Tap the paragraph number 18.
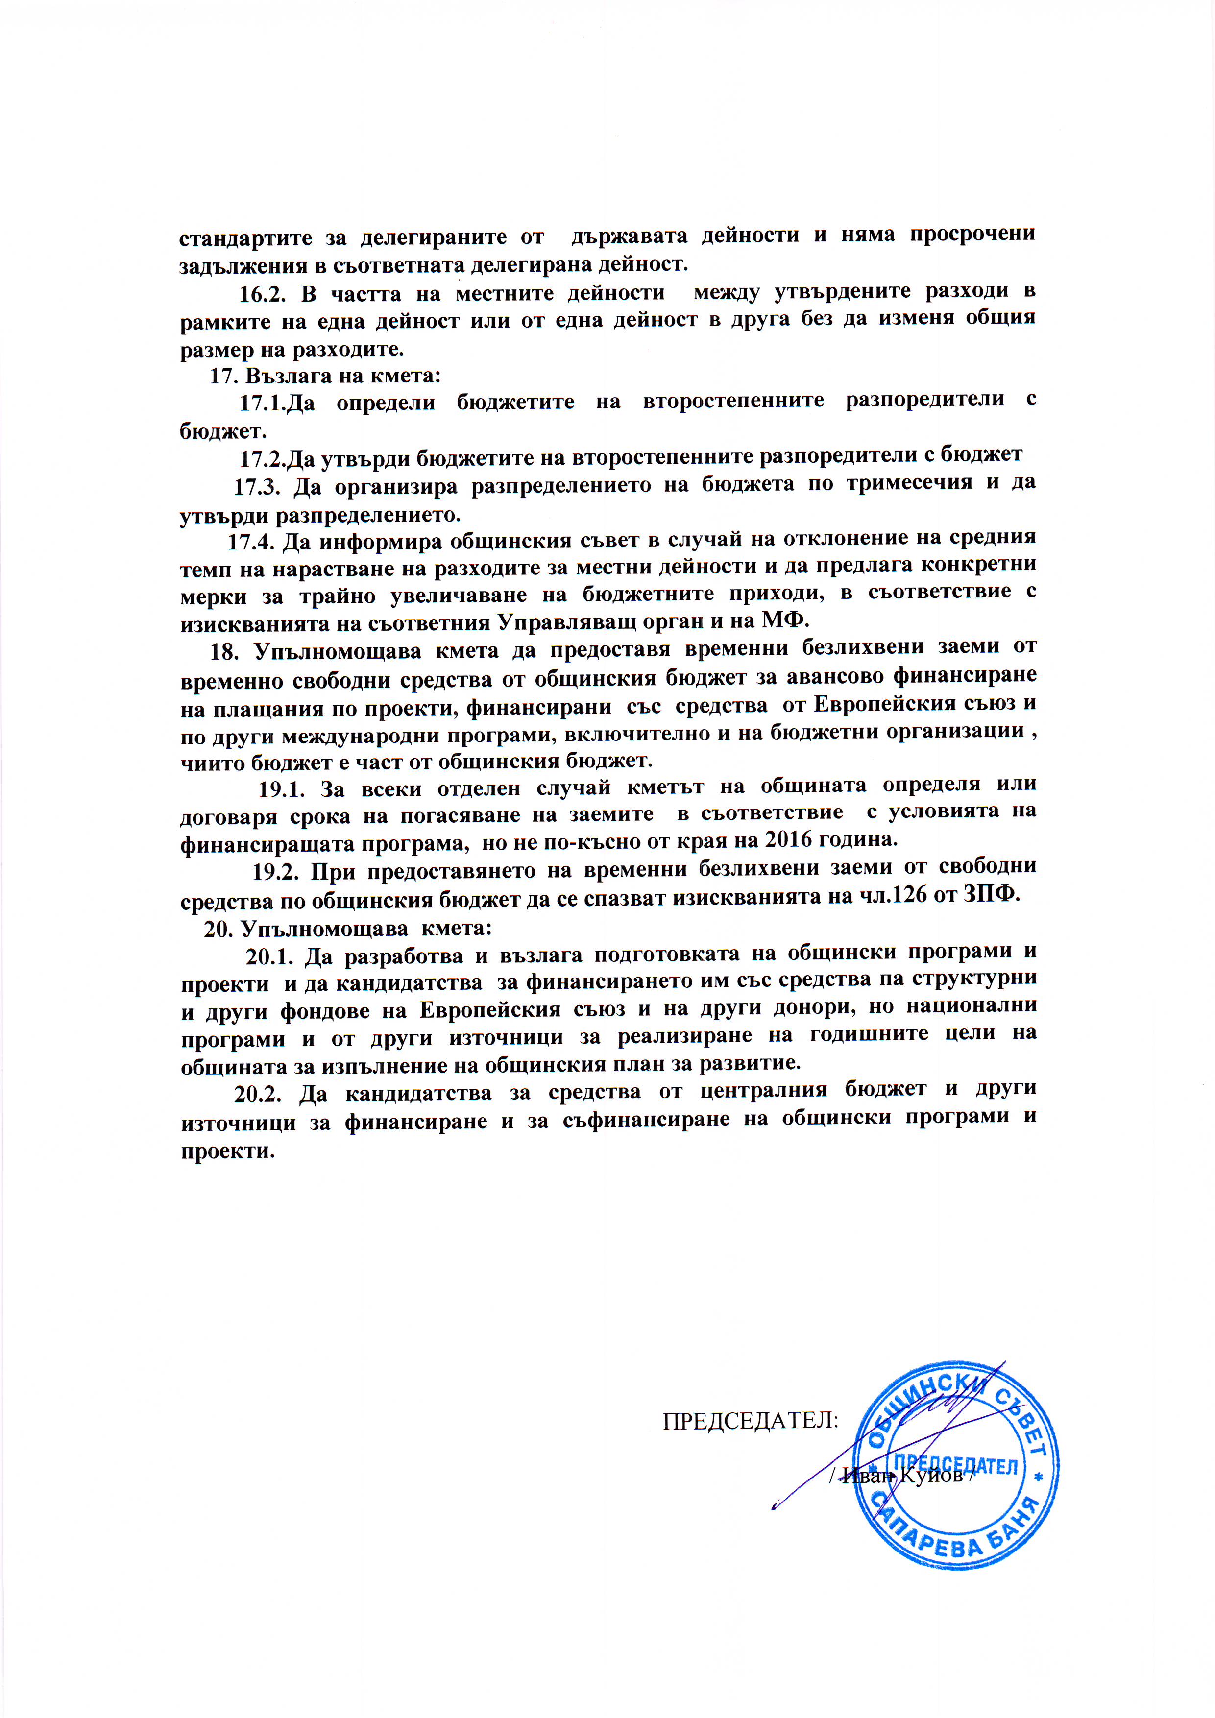point(223,651)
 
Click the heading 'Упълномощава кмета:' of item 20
point(367,929)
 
